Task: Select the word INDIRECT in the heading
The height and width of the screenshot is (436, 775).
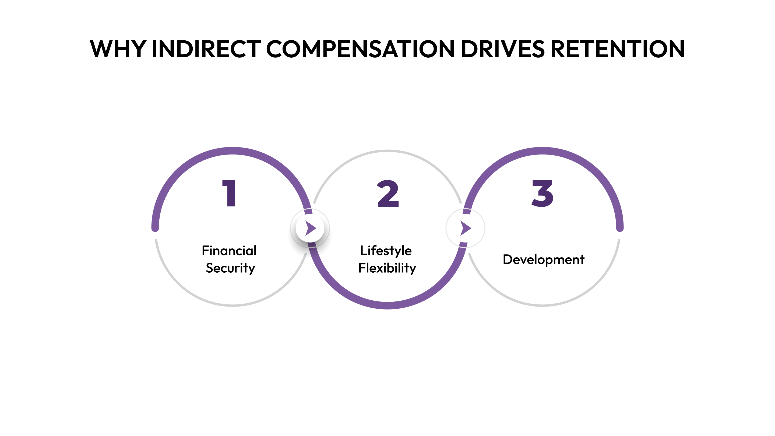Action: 206,49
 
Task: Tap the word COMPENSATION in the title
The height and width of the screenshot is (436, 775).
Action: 360,49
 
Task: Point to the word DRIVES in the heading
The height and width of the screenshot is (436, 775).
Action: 502,49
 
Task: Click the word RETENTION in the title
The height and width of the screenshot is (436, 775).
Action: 617,49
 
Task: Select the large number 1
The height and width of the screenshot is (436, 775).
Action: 229,193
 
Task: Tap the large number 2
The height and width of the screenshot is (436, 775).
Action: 388,194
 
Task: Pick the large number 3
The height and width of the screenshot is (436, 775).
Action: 542,193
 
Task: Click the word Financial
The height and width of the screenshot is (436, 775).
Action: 229,251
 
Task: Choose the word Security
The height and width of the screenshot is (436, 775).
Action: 230,268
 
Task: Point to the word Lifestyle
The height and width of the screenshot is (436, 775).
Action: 386,251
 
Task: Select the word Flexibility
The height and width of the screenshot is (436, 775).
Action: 387,268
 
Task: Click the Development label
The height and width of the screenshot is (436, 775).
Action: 543,259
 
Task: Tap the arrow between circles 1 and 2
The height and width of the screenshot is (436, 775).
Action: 310,228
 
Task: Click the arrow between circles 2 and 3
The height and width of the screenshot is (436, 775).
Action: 466,228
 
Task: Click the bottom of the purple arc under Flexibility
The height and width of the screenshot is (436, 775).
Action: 387,305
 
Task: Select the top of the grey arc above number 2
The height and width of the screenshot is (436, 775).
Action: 387,151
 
